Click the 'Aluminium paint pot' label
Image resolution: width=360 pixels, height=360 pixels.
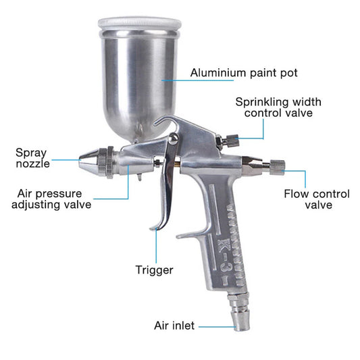click(244, 73)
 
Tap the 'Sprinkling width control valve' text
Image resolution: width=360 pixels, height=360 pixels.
click(278, 107)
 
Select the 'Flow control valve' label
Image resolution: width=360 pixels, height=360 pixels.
click(317, 199)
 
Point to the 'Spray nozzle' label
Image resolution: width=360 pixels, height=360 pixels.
click(32, 158)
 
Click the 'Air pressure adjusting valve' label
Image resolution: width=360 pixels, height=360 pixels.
click(51, 199)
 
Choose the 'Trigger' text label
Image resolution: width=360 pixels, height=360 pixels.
click(154, 269)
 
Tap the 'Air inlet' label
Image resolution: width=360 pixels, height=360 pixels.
click(174, 326)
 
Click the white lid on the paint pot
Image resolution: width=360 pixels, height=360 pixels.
click(140, 23)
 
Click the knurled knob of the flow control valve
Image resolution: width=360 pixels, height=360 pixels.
click(277, 168)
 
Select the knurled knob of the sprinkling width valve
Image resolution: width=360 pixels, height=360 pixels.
click(232, 140)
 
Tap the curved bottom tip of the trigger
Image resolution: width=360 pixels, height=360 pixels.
click(154, 228)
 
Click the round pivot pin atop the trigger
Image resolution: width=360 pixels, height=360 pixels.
click(174, 138)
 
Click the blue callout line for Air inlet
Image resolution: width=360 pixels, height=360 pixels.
click(217, 327)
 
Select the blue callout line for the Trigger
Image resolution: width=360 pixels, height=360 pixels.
click(156, 246)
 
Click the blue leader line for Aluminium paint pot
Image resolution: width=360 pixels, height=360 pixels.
click(197, 80)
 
